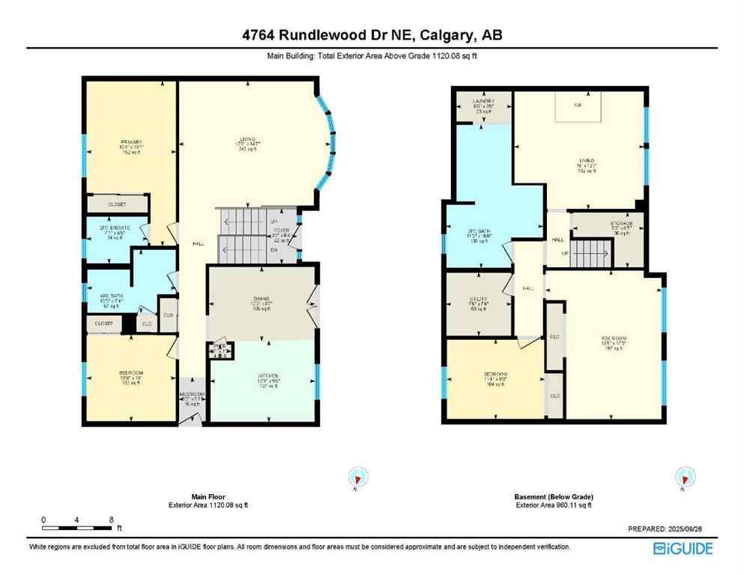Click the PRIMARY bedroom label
point(131,142)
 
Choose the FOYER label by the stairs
point(280,230)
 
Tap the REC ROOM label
point(613,337)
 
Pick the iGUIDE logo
point(683,548)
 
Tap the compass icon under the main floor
point(358,478)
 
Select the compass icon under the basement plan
point(683,478)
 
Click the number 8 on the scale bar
point(111,520)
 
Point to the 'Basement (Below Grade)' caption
point(554,497)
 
